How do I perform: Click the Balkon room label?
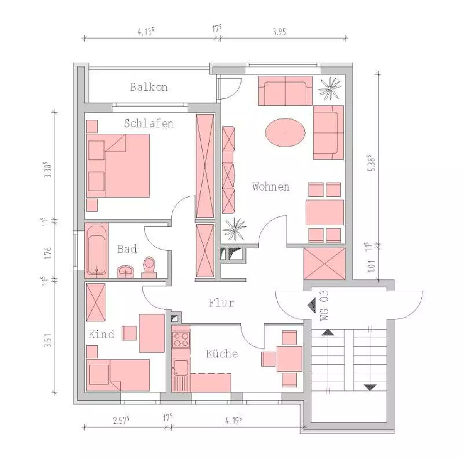[149, 87]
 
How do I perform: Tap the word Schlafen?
[149, 123]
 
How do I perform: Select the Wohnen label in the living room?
[271, 187]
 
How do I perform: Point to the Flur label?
[221, 303]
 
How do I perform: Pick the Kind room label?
[101, 334]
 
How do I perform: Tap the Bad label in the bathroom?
[127, 249]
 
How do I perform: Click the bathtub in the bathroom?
[96, 250]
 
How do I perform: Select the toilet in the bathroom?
[149, 267]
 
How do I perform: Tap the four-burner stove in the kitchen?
[181, 340]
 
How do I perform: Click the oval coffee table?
[285, 132]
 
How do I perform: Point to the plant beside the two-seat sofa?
[330, 89]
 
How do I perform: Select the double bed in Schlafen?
[118, 166]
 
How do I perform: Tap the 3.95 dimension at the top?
[279, 32]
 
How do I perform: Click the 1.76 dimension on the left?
[48, 253]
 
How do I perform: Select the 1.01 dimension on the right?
[371, 266]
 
